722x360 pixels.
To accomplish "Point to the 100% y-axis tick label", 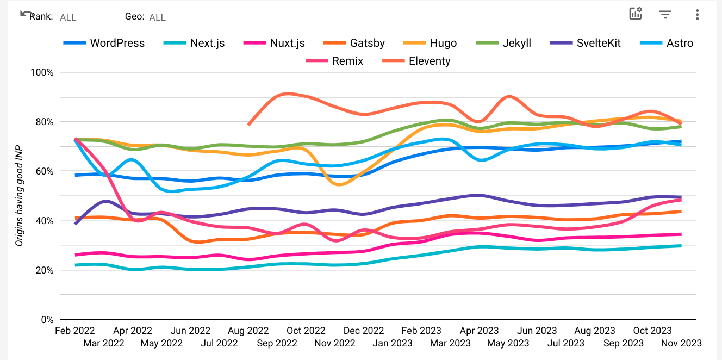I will click(x=42, y=72).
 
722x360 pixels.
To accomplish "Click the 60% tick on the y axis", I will click(x=44, y=171).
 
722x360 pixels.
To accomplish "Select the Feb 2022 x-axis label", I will click(x=75, y=331).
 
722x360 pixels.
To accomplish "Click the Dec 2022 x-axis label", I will click(x=364, y=331).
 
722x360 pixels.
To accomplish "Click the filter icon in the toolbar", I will click(x=665, y=15).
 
